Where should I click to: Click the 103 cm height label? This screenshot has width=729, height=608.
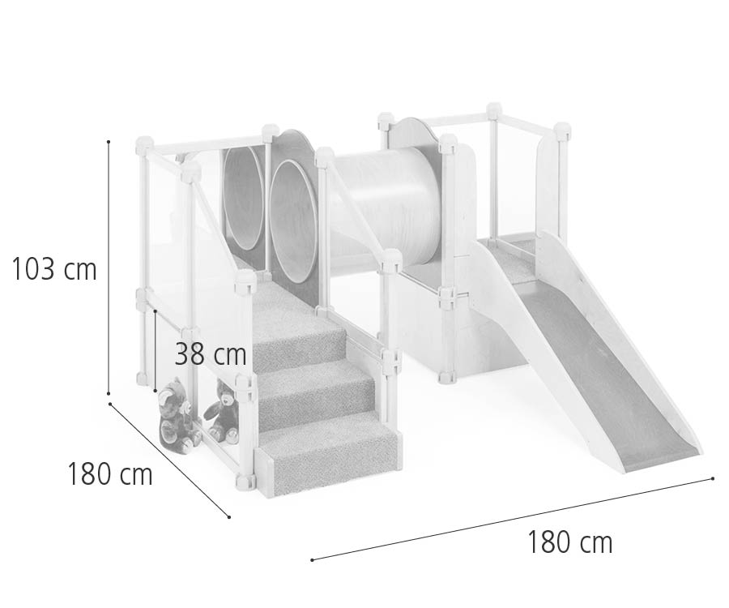pos(54,269)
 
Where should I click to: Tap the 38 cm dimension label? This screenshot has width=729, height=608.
pos(211,354)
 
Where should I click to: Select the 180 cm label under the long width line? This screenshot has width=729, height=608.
pos(569,542)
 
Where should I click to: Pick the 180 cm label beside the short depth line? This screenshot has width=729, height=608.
pos(110,474)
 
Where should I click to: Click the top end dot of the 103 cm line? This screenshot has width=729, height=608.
pos(109,141)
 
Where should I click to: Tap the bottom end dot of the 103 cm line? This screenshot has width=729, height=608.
pos(109,394)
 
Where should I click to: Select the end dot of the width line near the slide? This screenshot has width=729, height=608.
pos(713,478)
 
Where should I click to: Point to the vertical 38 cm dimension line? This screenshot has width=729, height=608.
pos(155,350)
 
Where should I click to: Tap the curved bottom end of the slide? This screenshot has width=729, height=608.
pos(660,459)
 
